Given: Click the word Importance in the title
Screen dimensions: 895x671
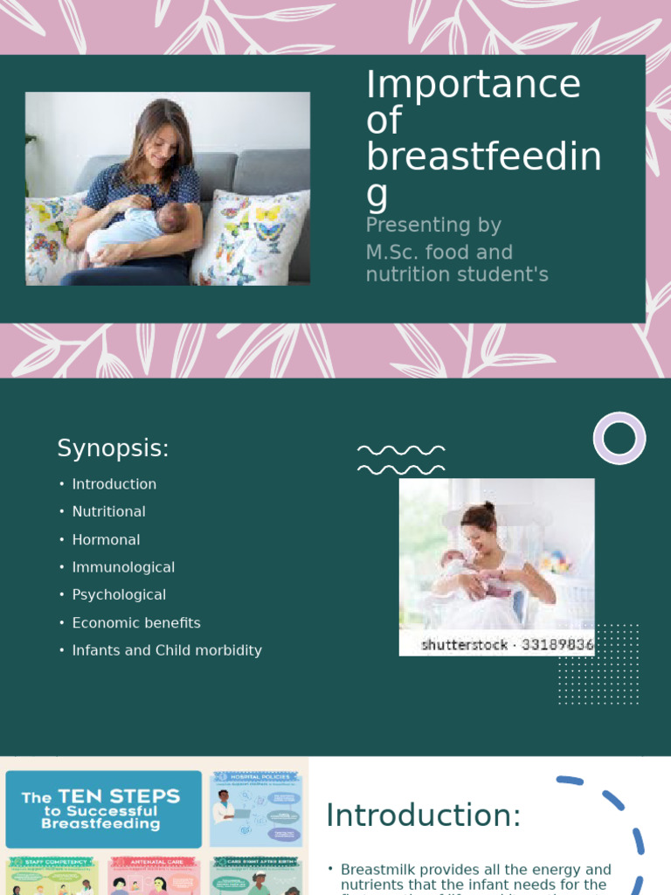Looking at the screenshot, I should coord(473,85).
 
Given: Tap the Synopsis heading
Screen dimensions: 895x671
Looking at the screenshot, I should coord(113,448).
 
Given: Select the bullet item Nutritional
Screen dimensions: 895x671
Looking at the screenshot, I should coord(108,511).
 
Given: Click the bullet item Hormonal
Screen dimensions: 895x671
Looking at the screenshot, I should coord(106,539).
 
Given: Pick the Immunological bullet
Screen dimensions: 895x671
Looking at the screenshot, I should coord(123,567).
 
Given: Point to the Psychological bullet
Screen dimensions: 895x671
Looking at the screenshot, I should coord(119,594).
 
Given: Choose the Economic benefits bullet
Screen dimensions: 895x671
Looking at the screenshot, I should coord(136,622).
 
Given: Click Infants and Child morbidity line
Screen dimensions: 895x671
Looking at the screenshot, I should coord(167,650).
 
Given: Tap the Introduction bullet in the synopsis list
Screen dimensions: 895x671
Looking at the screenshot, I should coord(114,484).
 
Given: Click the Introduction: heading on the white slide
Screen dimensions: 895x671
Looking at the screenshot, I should coord(423,815).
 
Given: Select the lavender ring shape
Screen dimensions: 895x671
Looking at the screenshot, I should coord(619,438).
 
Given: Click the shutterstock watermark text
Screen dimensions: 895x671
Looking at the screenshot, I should coord(507,645).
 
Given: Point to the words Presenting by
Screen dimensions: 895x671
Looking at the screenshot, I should coord(433,225).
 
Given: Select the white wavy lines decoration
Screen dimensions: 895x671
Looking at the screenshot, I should coord(401,460).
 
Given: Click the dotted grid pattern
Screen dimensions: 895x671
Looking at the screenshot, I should coord(598,664).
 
